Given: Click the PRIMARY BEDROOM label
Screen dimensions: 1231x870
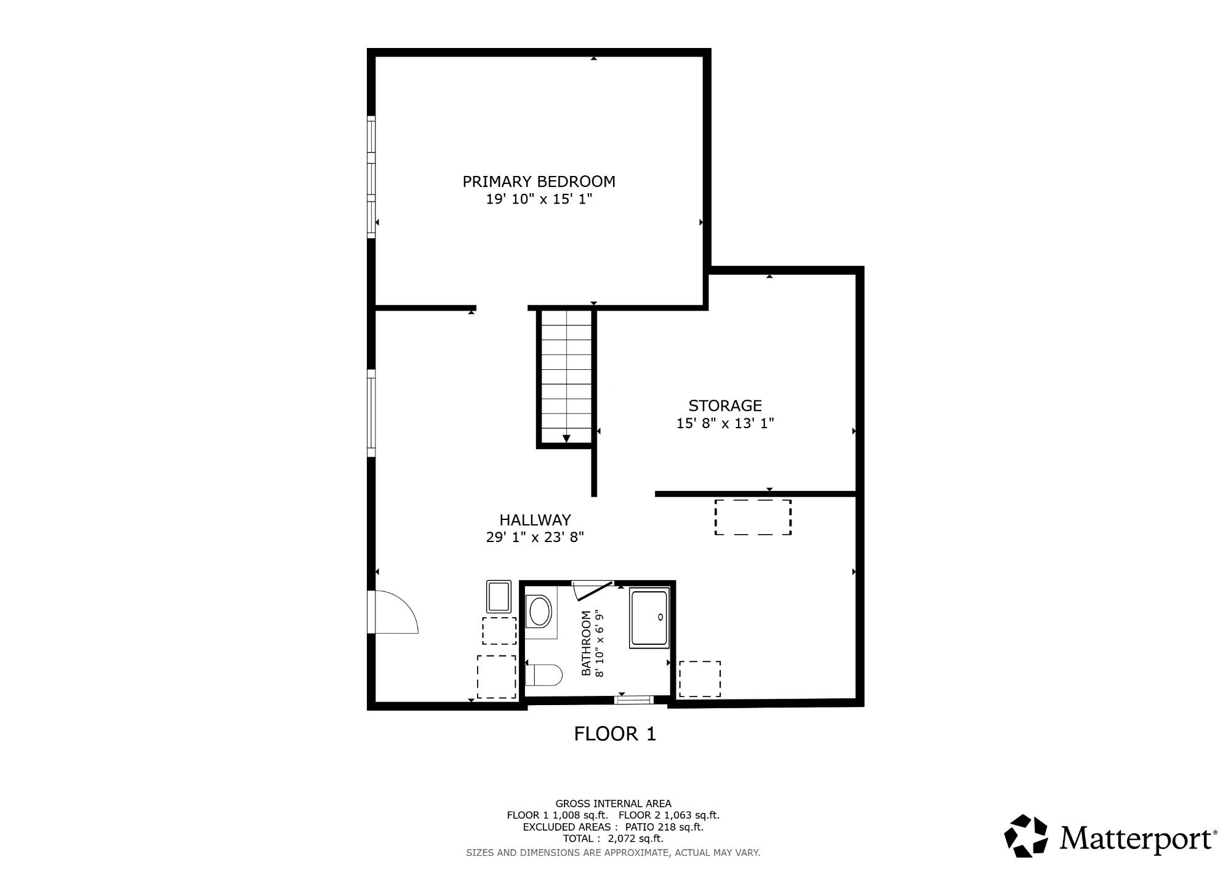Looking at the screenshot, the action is click(x=539, y=182).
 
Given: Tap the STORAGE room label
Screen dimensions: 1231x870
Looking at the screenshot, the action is click(x=725, y=405).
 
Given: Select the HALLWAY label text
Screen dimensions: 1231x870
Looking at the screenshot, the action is click(x=535, y=520).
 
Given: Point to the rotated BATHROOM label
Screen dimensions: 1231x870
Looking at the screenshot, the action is click(x=586, y=643).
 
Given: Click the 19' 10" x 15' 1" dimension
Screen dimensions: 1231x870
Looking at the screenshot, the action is click(x=539, y=199).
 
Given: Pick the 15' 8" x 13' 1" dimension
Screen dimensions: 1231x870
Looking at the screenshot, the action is click(x=725, y=423).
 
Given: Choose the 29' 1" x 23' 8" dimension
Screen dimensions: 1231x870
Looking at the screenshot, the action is click(x=535, y=537).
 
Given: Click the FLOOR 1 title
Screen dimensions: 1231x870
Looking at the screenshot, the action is click(x=615, y=733).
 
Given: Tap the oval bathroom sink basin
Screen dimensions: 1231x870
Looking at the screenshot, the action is click(x=540, y=612).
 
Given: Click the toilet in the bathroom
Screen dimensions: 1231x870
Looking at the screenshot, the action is click(x=544, y=675).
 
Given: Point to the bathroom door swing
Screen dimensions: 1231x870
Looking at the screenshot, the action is click(x=592, y=590).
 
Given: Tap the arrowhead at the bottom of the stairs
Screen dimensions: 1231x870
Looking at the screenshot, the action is click(x=566, y=438).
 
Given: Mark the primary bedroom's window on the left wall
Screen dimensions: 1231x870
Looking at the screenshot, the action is click(x=371, y=177).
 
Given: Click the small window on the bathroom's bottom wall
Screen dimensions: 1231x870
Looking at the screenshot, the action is click(x=635, y=699).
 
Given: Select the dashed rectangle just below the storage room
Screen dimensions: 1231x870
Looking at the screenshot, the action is click(x=753, y=517).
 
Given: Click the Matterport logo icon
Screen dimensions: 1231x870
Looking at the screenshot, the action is click(x=1026, y=835).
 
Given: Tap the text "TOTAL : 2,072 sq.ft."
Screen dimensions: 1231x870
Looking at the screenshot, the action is click(x=613, y=838).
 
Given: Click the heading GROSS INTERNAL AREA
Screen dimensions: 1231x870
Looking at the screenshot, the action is click(x=613, y=804).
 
